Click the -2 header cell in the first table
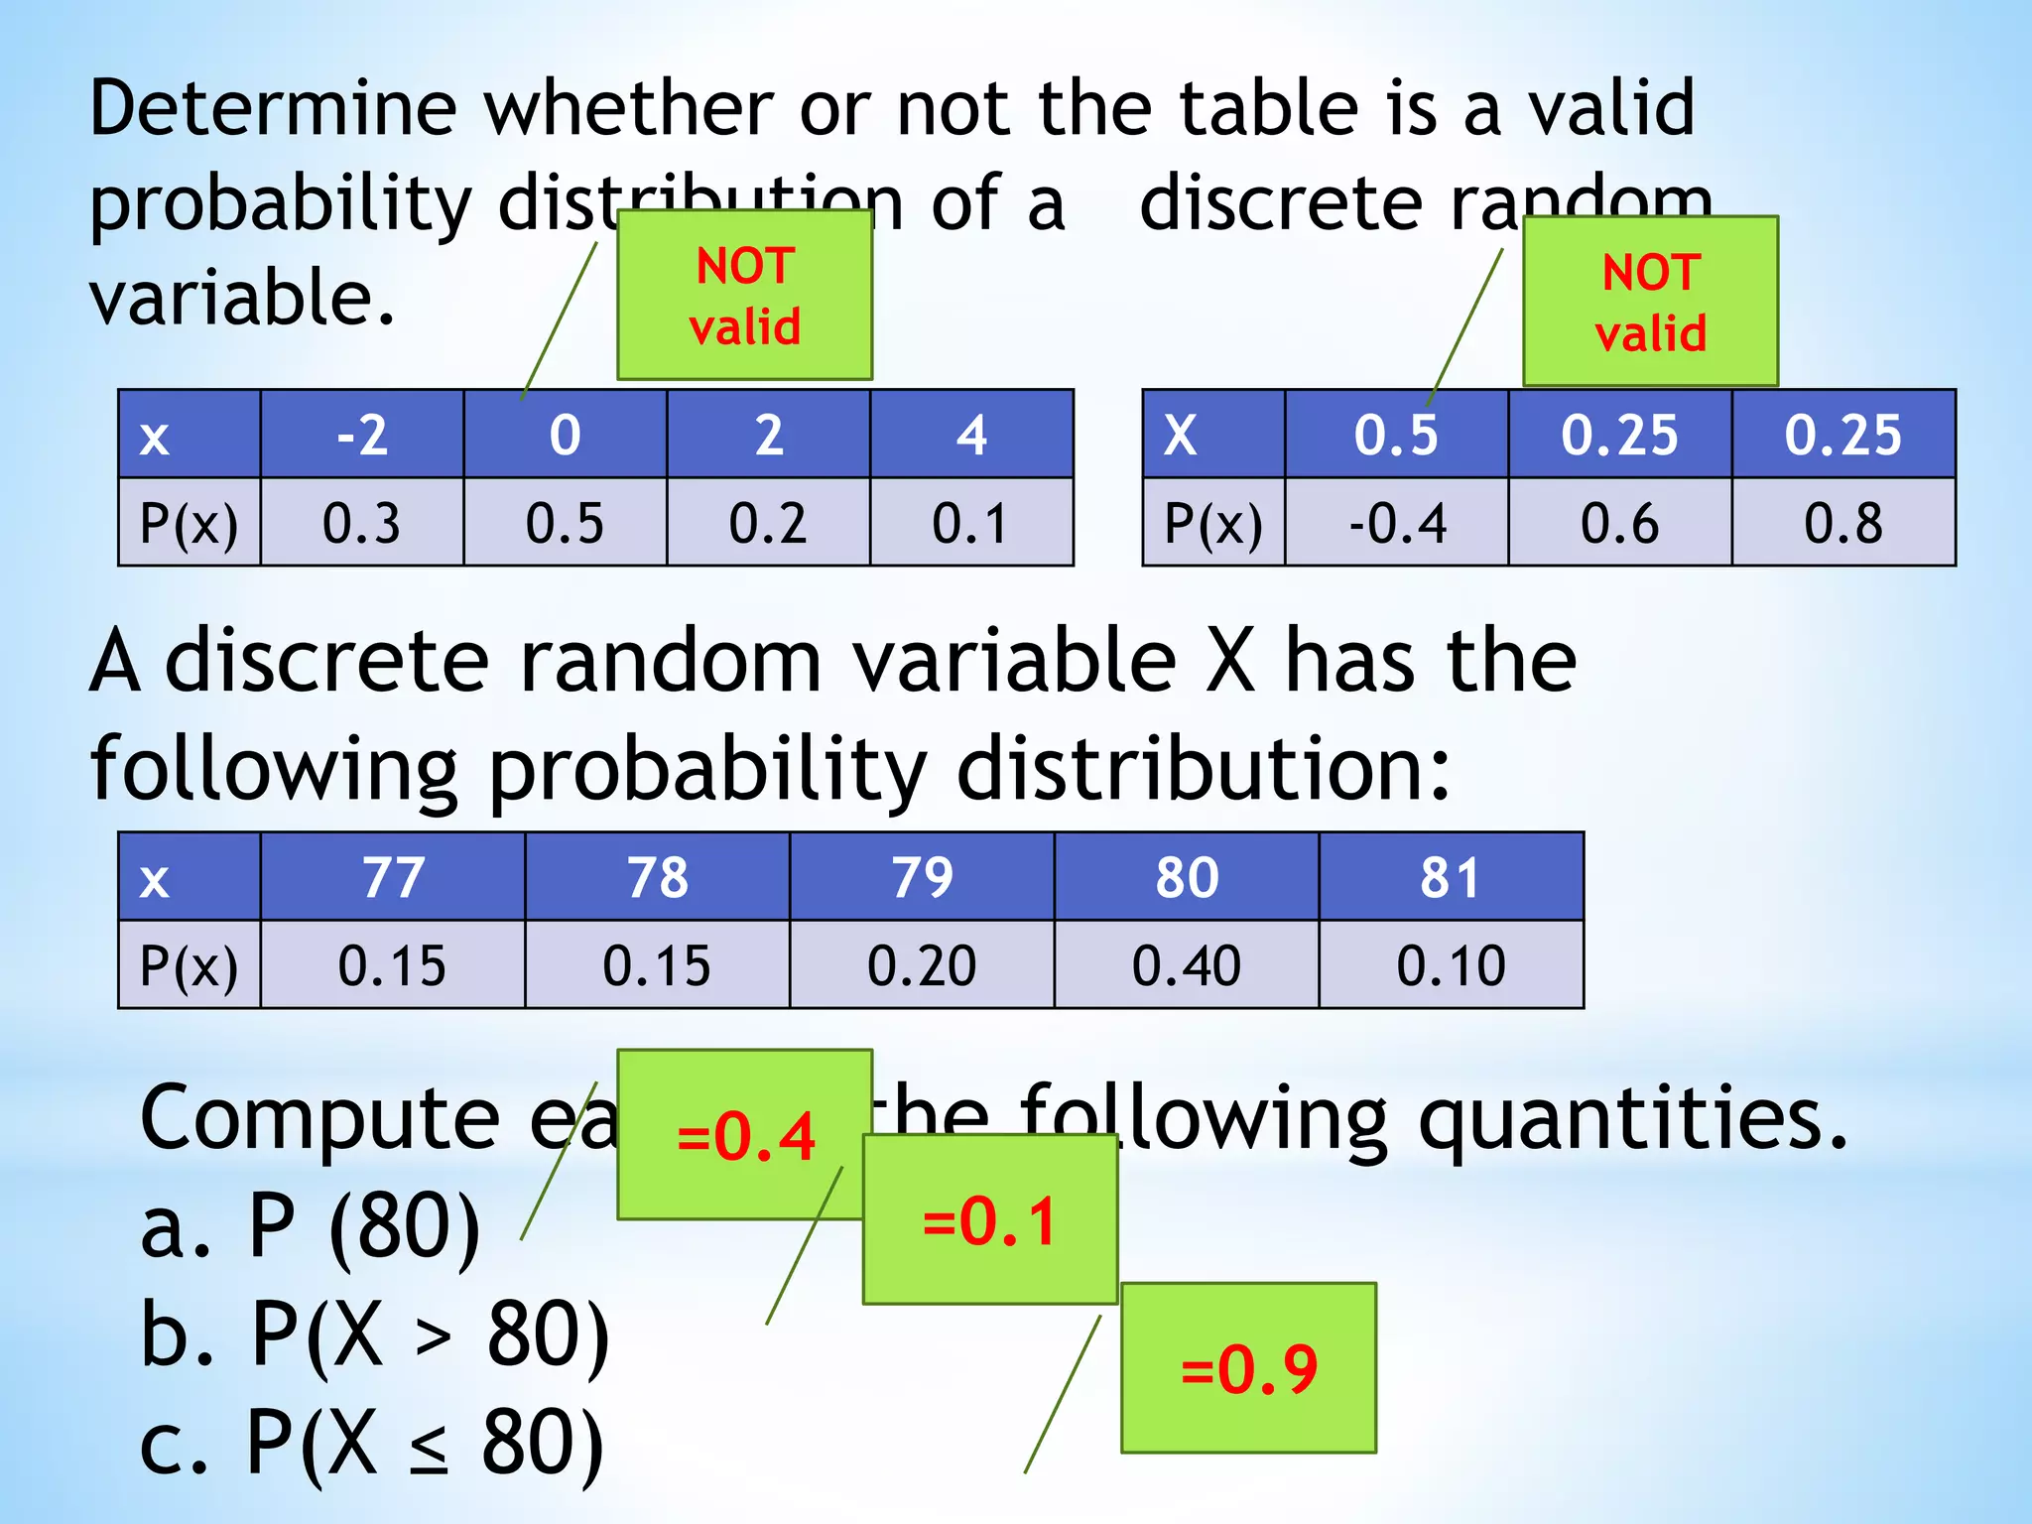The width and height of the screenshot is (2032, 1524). click(362, 435)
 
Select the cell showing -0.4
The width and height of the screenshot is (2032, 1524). click(1397, 523)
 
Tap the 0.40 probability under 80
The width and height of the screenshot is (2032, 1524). click(1186, 965)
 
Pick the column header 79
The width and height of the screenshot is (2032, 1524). click(922, 877)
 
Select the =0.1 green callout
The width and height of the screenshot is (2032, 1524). click(989, 1220)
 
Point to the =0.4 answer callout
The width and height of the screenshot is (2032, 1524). click(744, 1135)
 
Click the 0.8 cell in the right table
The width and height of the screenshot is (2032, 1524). click(1842, 523)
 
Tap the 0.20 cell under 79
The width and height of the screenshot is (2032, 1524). click(922, 965)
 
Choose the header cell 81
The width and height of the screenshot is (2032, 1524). click(1451, 877)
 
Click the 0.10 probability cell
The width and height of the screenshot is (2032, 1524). click(1451, 965)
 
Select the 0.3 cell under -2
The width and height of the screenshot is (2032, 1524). click(362, 523)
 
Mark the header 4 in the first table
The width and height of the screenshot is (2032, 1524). click(971, 435)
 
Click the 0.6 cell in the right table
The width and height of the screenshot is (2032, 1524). click(1619, 523)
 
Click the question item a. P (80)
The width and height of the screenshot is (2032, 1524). click(311, 1227)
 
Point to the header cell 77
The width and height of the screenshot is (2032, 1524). click(393, 877)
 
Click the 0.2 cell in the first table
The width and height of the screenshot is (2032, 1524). click(768, 523)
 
